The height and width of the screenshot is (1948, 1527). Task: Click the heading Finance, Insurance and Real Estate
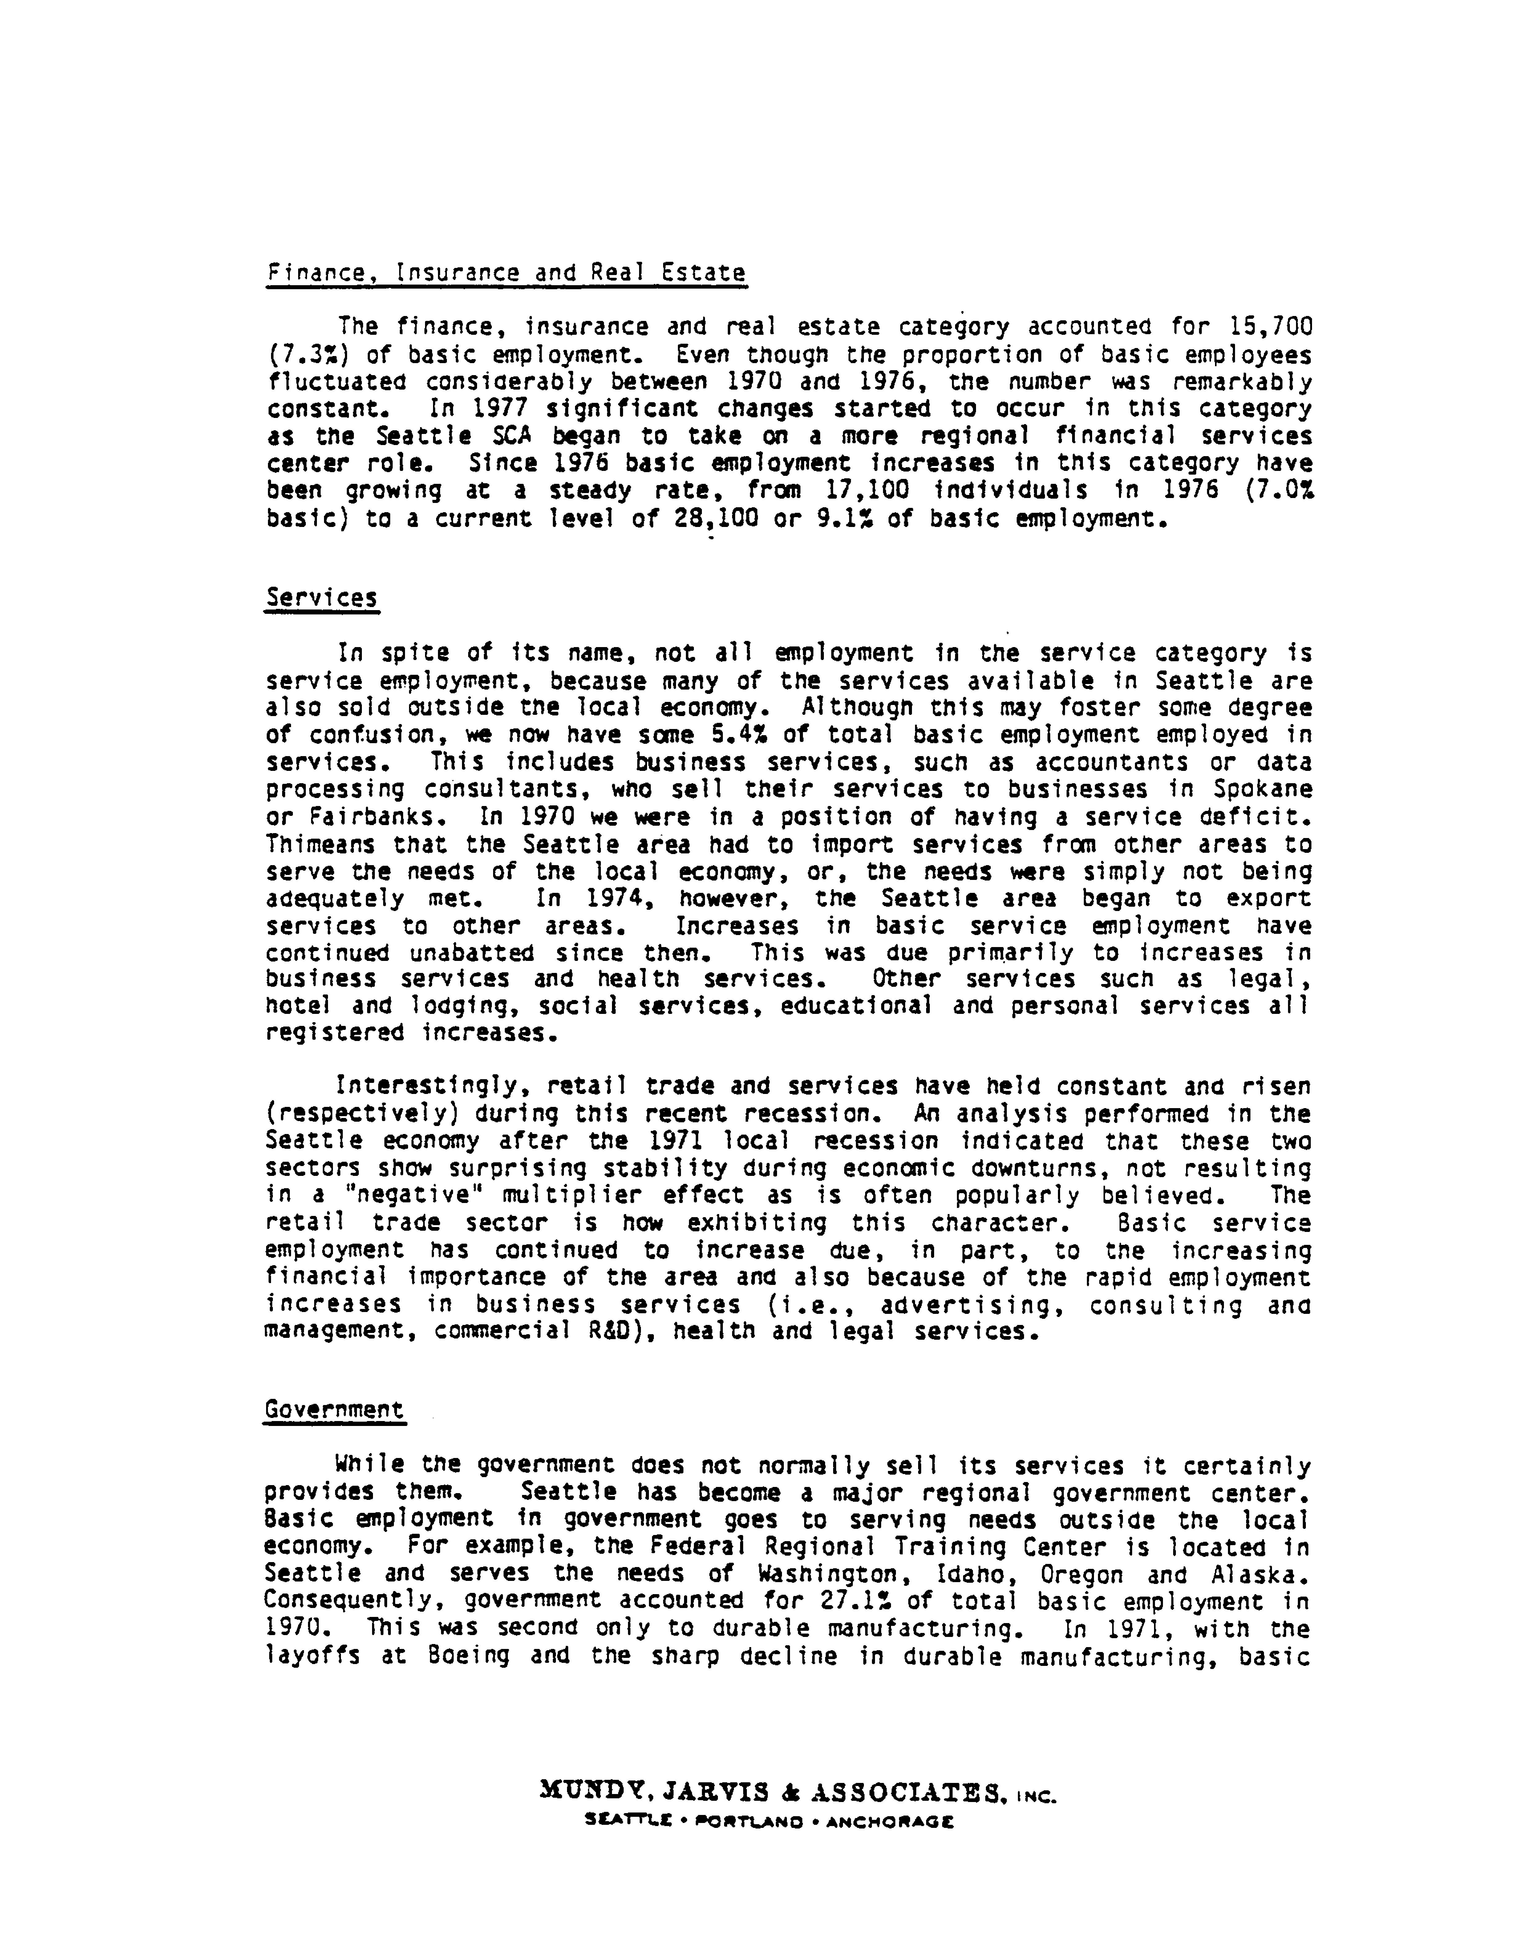[506, 273]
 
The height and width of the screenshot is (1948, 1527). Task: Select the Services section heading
[322, 598]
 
